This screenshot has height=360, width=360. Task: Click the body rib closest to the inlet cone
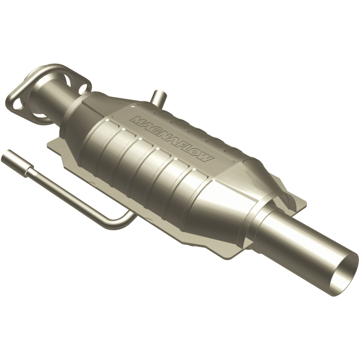tap(113, 133)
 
